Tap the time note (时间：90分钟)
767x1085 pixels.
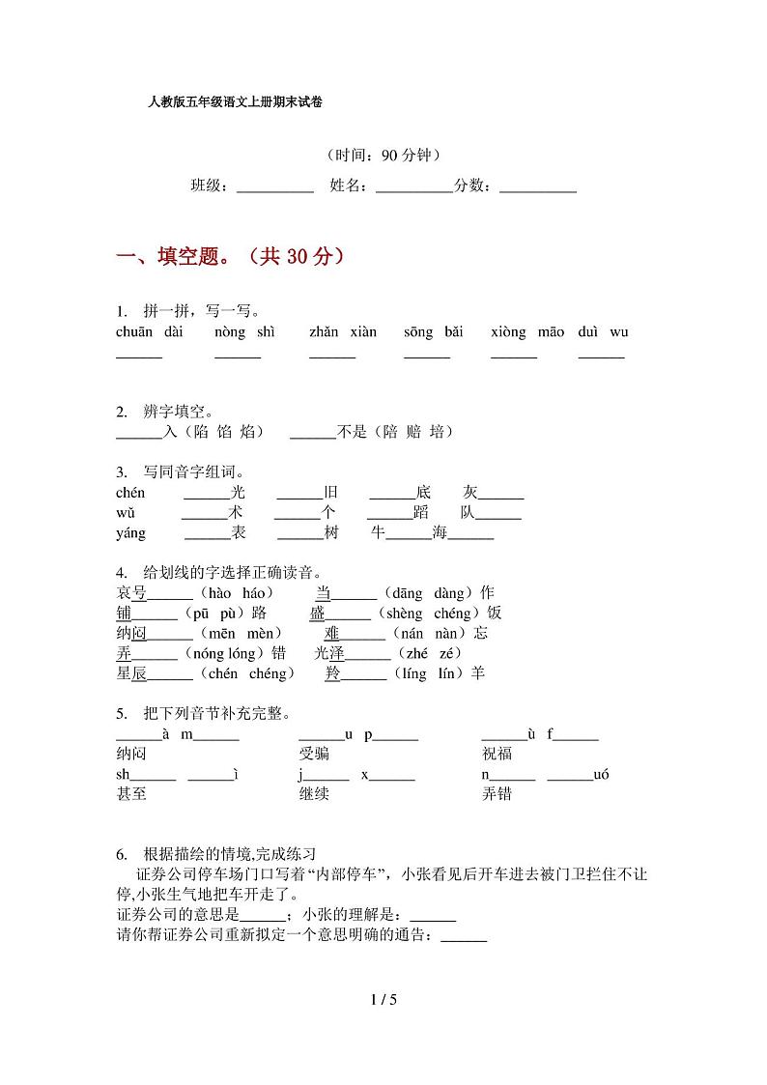click(x=383, y=155)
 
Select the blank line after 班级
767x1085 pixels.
click(x=275, y=186)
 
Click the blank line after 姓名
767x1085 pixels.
click(x=413, y=186)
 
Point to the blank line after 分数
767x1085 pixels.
click(x=538, y=186)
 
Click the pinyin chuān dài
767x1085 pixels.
click(x=149, y=332)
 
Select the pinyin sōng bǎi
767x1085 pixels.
click(x=434, y=332)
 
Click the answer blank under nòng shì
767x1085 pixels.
click(x=238, y=356)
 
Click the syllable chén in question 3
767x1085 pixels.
click(x=130, y=493)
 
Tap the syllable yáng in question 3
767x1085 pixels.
click(x=130, y=532)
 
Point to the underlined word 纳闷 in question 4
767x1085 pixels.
click(x=130, y=634)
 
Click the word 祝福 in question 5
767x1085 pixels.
click(x=497, y=755)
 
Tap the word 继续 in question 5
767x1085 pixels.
click(x=314, y=794)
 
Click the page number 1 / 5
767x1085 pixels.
click(x=383, y=999)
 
